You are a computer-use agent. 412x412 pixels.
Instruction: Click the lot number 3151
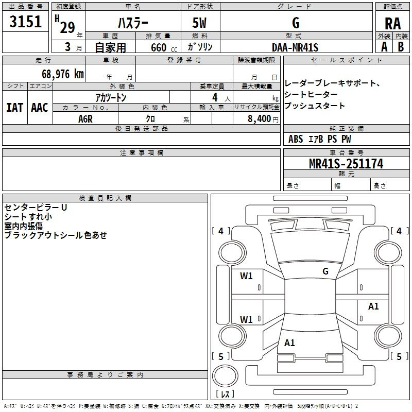tap(25, 22)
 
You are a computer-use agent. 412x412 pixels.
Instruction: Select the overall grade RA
tap(392, 24)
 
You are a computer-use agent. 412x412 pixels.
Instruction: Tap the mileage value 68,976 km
tap(63, 74)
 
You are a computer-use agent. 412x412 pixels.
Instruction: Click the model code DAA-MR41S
tap(295, 47)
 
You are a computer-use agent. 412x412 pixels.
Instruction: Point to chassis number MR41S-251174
tap(346, 164)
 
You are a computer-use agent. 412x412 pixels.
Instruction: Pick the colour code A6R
tap(85, 119)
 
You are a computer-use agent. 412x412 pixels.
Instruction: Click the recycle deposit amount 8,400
tap(259, 119)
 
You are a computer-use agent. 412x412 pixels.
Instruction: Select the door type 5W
tap(199, 23)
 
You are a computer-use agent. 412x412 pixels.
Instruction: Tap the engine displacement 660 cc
tap(164, 48)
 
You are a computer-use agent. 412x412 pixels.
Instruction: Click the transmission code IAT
tap(15, 108)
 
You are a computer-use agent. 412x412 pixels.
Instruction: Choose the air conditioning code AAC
tap(40, 108)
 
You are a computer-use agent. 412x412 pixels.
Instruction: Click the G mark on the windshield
tap(325, 271)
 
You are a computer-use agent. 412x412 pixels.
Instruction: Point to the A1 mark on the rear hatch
tap(289, 342)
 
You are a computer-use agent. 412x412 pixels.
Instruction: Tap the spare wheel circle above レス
tap(225, 376)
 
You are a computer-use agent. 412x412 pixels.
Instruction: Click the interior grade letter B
tap(401, 47)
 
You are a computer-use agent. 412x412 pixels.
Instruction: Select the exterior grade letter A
tap(384, 47)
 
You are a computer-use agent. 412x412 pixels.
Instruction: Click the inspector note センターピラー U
tap(36, 208)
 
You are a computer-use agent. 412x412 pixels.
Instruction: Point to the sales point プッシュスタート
tap(314, 106)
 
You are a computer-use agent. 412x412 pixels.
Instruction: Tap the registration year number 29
tap(67, 27)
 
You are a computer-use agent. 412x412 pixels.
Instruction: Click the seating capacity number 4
tap(215, 97)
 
